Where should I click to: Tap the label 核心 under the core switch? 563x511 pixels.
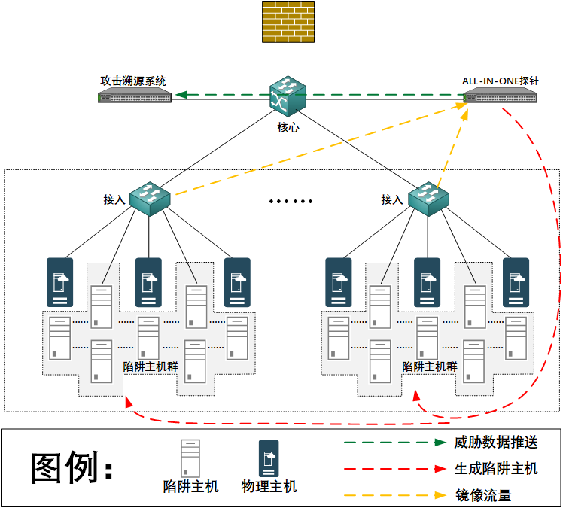pos(288,128)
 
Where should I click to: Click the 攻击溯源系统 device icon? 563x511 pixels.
pos(135,96)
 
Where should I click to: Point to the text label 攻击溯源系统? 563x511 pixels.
pos(133,81)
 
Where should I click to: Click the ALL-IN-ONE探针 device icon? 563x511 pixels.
pos(501,96)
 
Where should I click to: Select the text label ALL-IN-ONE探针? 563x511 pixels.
pos(499,81)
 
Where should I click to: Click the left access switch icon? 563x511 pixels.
pos(151,198)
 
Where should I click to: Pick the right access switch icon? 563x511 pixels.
pos(429,198)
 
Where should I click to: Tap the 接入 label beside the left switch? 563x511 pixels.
pos(114,199)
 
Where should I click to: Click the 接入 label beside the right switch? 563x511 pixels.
pos(392,199)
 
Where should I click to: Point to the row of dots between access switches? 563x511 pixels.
pos(291,202)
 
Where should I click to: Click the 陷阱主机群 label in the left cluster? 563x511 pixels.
pos(151,367)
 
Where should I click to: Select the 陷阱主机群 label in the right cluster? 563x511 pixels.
pos(430,367)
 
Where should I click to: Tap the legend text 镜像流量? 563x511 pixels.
pos(483,495)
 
